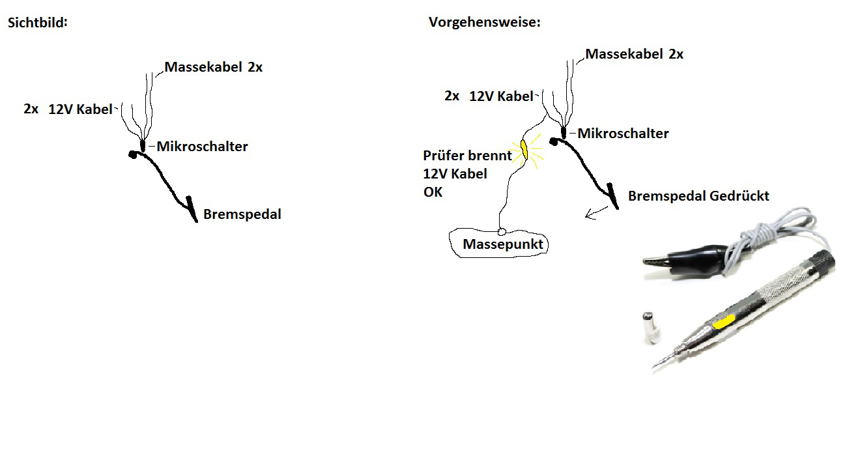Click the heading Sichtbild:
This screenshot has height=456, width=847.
[x=38, y=22]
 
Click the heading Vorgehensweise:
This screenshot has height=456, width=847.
[x=485, y=22]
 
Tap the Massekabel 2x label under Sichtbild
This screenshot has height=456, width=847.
[x=214, y=66]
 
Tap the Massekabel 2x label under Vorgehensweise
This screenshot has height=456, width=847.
[x=635, y=54]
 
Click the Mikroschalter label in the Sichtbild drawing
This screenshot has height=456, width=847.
[x=202, y=147]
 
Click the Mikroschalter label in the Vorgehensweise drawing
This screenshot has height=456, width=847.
[x=623, y=134]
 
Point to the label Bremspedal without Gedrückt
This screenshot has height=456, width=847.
[x=242, y=214]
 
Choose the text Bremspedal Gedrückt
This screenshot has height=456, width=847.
[x=698, y=195]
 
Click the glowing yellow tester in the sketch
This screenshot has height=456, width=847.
[x=523, y=150]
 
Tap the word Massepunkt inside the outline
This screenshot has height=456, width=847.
[x=502, y=244]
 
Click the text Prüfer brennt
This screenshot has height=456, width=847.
[x=467, y=156]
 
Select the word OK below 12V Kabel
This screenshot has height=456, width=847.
[x=433, y=192]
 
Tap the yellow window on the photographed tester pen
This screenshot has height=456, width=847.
[x=724, y=321]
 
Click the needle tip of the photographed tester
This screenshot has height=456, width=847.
[x=656, y=369]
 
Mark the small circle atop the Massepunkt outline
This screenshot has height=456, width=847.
[x=502, y=231]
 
